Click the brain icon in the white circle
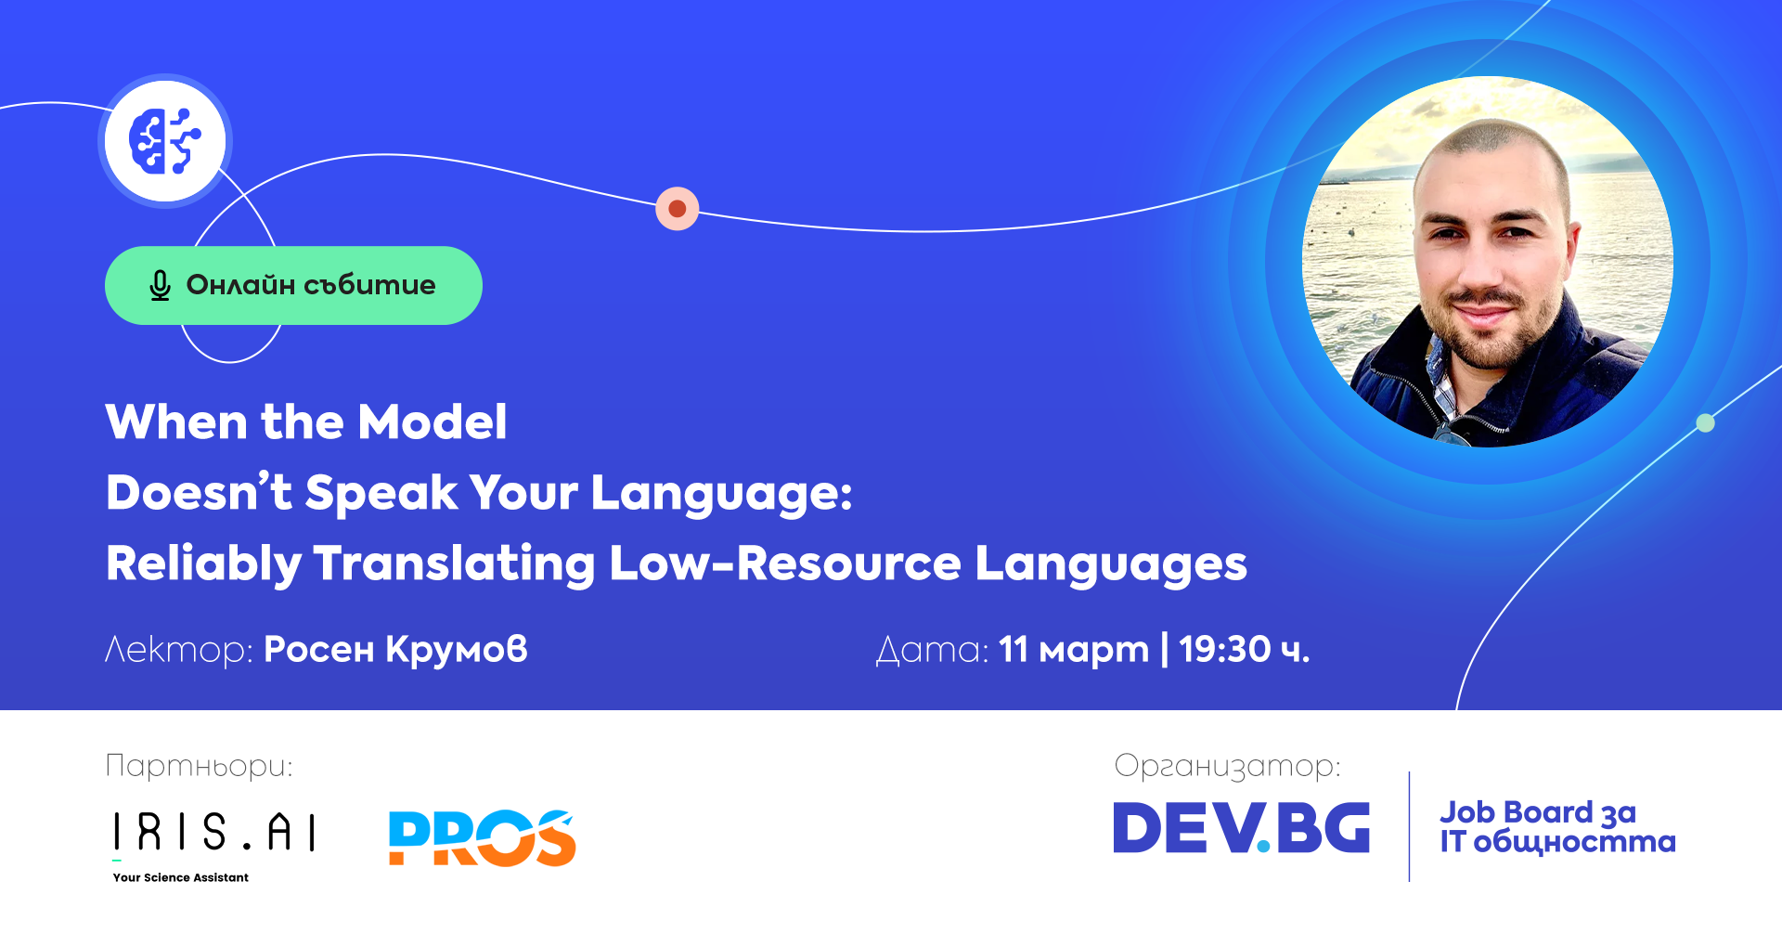(x=164, y=141)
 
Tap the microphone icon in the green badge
(x=160, y=285)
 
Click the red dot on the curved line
(x=678, y=209)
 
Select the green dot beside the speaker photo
(x=1705, y=423)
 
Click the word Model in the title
(x=433, y=421)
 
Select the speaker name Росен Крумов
(x=395, y=650)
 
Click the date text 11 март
(x=1074, y=650)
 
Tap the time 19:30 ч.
(x=1245, y=649)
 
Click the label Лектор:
(x=178, y=650)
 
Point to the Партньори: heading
(x=200, y=767)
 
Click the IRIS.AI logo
(x=214, y=832)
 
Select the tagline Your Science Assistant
(x=181, y=877)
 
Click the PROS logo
(x=483, y=837)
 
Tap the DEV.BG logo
(x=1242, y=827)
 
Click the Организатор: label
(x=1227, y=767)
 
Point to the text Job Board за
(x=1538, y=813)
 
